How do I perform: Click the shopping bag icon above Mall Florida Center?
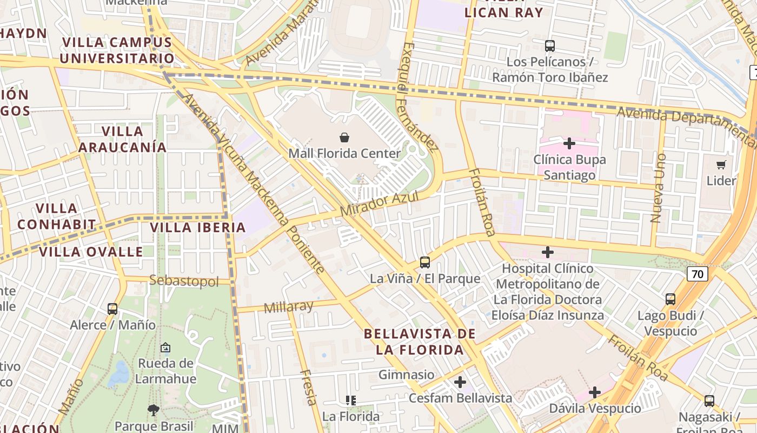tap(344, 137)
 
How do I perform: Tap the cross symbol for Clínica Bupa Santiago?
tap(569, 143)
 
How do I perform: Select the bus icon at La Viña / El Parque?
tap(425, 263)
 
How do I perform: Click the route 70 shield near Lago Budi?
tap(697, 274)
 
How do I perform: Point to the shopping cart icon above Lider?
tap(721, 165)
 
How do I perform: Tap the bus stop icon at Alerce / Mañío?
tap(112, 309)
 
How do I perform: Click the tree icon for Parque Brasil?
tap(154, 410)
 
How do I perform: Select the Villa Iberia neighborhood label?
tap(198, 227)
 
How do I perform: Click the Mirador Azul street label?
tap(380, 204)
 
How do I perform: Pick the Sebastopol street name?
tap(184, 281)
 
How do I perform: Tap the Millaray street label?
tap(288, 307)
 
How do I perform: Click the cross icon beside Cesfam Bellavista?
tap(460, 383)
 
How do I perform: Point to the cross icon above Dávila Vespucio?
tap(595, 392)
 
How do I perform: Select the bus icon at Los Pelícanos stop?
tap(550, 46)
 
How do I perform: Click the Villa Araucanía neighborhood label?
tap(122, 139)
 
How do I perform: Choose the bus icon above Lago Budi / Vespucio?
tap(670, 299)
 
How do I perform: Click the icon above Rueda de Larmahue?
tap(165, 347)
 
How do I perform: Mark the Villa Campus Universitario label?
tap(117, 50)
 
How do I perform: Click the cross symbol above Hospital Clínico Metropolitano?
tap(548, 252)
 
